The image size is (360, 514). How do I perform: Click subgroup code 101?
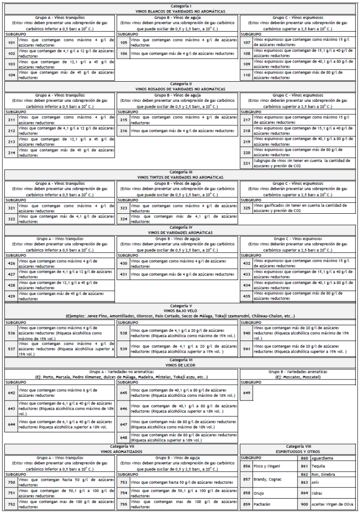tap(12, 42)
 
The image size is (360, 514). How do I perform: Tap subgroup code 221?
tap(247, 163)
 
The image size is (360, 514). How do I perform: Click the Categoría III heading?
tap(180, 171)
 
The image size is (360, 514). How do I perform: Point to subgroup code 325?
tap(247, 208)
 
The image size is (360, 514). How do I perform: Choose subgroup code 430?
tap(124, 263)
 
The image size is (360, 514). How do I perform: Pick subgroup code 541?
tap(247, 349)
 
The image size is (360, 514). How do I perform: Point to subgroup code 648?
tap(124, 438)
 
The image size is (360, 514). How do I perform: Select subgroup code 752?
tap(12, 504)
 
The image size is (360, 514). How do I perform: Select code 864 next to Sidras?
tap(304, 493)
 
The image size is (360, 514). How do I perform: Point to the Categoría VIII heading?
tap(299, 447)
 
